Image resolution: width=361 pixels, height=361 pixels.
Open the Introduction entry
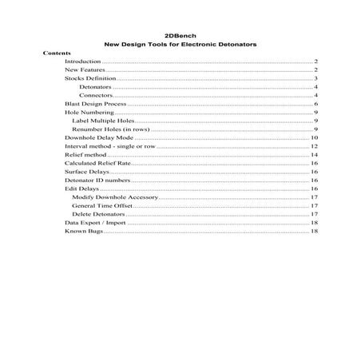(x=82, y=61)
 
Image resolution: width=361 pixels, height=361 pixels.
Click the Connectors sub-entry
(x=96, y=96)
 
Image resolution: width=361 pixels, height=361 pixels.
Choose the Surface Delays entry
(x=85, y=172)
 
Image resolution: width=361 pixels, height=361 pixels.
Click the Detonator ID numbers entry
(x=92, y=180)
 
